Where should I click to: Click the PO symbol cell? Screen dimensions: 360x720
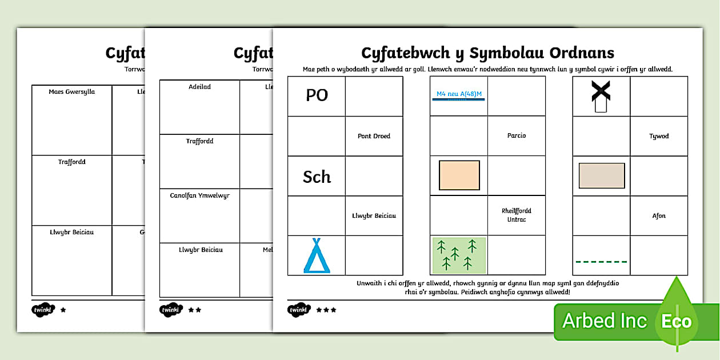pos(317,95)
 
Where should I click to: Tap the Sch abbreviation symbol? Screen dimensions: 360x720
pos(317,177)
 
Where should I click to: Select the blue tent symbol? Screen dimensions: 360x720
pos(317,256)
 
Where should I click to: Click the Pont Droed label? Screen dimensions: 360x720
pos(374,136)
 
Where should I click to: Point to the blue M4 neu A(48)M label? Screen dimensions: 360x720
pos(458,94)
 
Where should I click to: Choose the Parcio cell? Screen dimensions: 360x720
pos(516,135)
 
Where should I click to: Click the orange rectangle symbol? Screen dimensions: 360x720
pos(459,175)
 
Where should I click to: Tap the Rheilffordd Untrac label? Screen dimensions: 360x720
pos(516,215)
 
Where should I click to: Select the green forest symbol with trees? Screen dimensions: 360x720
pos(459,255)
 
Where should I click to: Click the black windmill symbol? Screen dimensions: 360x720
pos(601,96)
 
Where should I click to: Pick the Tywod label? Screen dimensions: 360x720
pos(659,136)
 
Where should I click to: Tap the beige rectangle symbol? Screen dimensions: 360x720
pos(601,175)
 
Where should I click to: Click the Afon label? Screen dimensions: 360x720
pos(659,216)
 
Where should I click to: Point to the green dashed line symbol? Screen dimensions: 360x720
pos(601,262)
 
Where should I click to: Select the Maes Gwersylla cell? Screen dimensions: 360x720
pos(72,91)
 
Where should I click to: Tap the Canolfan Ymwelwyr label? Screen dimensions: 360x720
pos(199,195)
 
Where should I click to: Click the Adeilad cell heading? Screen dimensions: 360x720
pos(199,87)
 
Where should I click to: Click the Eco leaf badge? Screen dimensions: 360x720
pos(677,321)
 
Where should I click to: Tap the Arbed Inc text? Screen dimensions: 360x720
pos(605,321)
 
